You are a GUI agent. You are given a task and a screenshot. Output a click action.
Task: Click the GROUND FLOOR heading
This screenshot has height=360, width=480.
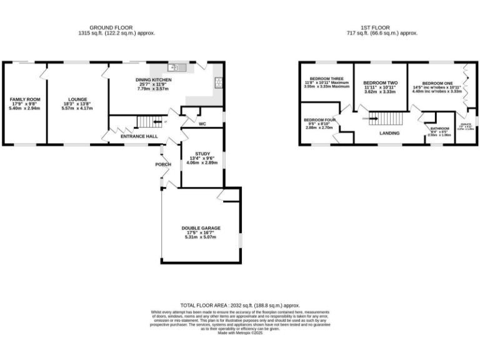coord(116,27)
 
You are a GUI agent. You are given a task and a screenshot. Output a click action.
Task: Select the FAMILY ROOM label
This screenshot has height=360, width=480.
coord(24,99)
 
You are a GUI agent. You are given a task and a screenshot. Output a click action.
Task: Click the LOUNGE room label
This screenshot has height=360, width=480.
coord(77,99)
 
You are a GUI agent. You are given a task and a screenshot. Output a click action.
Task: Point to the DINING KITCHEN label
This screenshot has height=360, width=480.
coord(153,80)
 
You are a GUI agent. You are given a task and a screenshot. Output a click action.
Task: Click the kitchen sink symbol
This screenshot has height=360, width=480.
coord(174,67)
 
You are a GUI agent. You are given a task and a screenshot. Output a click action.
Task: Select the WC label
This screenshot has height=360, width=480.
coord(202,124)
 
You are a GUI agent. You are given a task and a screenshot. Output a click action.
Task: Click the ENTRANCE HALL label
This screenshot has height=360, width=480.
coord(139,136)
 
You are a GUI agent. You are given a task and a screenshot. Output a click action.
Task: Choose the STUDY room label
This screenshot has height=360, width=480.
coord(202,153)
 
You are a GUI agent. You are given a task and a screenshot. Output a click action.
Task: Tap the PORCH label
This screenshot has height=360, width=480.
coord(163,164)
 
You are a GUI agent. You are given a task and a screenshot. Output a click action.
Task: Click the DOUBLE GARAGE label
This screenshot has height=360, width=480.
coord(201,228)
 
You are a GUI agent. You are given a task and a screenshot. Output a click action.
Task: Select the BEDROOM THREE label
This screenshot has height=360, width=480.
coord(318,79)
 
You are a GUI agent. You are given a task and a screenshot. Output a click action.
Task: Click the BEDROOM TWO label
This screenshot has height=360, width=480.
coord(381,82)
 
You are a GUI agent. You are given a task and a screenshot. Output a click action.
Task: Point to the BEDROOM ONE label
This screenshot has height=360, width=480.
coord(437,82)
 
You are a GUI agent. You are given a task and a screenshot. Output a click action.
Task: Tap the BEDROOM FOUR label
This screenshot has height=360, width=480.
coord(320,119)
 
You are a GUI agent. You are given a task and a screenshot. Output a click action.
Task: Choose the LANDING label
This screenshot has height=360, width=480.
coord(390,132)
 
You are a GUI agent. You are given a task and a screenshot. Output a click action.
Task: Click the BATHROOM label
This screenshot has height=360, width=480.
coord(439,128)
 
